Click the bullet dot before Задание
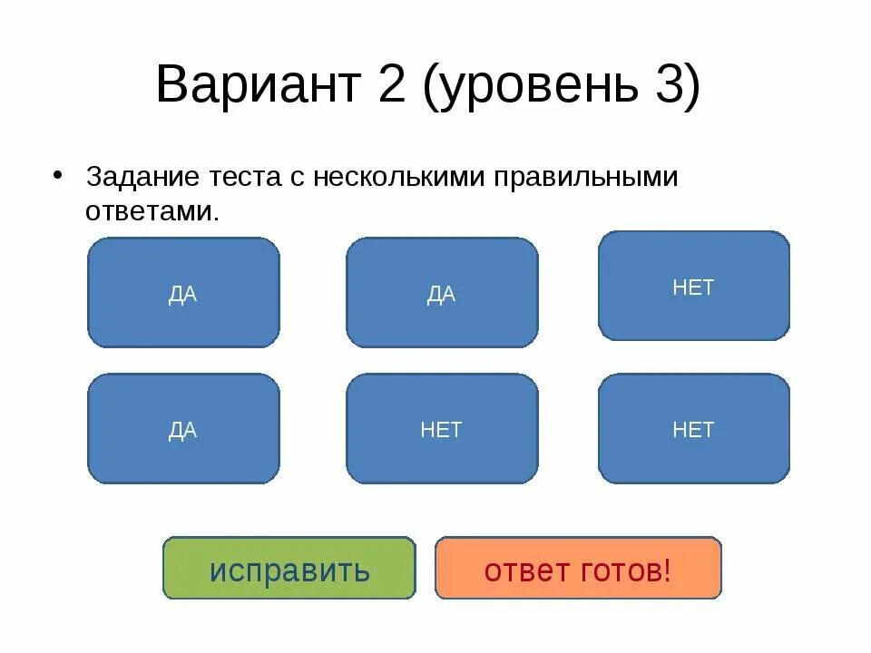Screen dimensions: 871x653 60,174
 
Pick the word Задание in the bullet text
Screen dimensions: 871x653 136,178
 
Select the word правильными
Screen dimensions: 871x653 586,178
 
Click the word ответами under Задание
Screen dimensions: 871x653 152,211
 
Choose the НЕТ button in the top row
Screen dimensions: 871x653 693,287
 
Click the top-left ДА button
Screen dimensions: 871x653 183,293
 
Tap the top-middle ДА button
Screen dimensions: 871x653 442,293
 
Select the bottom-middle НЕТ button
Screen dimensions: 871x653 442,429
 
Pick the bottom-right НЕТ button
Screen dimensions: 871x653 693,429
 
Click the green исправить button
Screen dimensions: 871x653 289,569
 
